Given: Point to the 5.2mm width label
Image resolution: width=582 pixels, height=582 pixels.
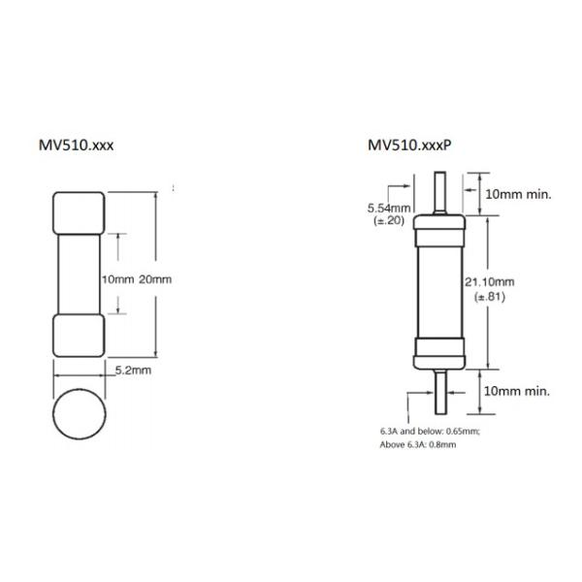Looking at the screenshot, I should pos(133,371).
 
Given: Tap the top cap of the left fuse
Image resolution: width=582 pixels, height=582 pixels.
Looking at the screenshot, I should pos(78,213).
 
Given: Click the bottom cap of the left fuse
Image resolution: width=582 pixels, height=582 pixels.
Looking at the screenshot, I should pos(78,337).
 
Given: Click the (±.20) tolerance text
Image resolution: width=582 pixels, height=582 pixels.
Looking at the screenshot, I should pos(390,221).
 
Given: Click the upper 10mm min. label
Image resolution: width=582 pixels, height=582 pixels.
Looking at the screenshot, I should pos(518,194).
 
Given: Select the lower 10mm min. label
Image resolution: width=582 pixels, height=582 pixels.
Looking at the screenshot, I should pos(518,391).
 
